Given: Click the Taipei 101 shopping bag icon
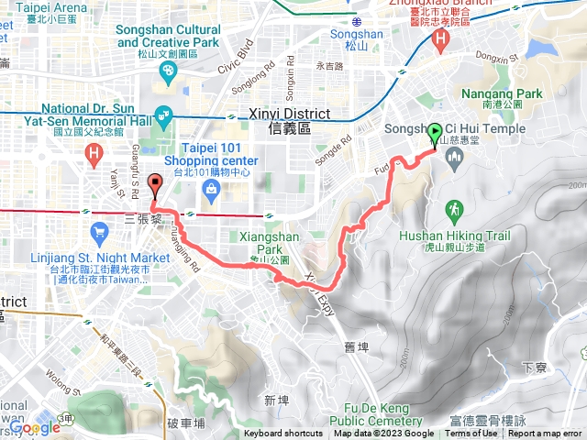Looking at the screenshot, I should [212, 189].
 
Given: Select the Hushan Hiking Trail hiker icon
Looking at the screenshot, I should [453, 210].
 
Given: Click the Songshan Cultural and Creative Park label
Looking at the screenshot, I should [169, 36].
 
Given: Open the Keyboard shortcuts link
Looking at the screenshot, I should [283, 434].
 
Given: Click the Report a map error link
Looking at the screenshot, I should [545, 434].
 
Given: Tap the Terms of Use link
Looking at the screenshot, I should [471, 434].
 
